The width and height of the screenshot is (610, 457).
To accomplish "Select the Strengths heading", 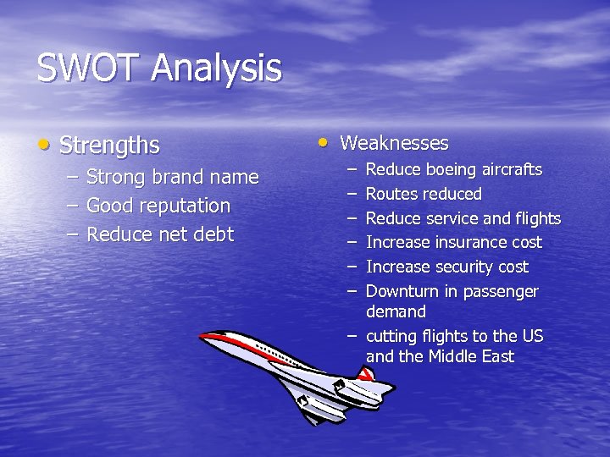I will click(109, 146).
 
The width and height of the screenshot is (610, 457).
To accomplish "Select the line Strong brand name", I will click(172, 177).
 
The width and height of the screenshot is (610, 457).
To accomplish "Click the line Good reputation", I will click(158, 206).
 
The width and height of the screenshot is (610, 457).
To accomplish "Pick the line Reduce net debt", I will click(159, 234).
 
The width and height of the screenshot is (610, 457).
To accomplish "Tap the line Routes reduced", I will click(423, 195).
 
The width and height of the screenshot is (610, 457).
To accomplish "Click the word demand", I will click(396, 312).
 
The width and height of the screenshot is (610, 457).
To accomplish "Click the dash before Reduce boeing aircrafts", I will click(350, 170).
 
